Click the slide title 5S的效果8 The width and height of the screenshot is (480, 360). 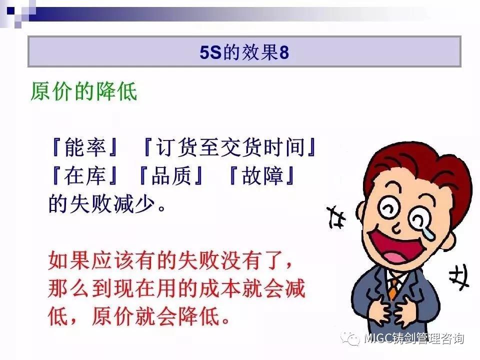[244, 52]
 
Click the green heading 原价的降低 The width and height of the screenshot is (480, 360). [84, 91]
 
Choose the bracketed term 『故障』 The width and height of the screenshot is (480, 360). [261, 176]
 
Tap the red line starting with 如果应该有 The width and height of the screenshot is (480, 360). [170, 261]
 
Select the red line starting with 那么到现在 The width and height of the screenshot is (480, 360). [176, 288]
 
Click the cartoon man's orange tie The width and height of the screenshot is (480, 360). [393, 288]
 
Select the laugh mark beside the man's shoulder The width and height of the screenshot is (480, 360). [459, 277]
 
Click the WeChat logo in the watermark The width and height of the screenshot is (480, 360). [351, 338]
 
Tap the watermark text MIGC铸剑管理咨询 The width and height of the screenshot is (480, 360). [414, 338]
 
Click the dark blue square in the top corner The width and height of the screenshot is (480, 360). [10, 10]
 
